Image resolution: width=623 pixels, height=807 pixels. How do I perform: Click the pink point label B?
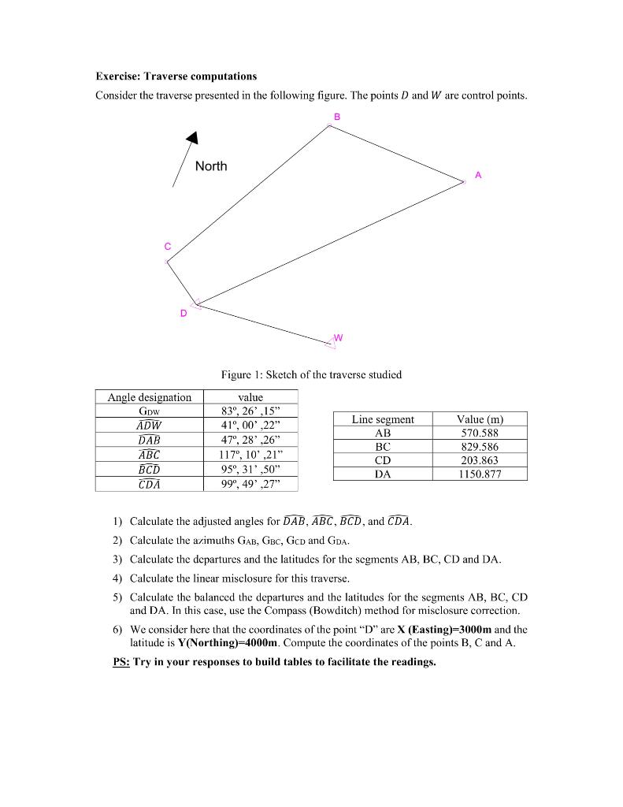click(x=337, y=117)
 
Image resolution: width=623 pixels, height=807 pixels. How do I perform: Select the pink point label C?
click(x=167, y=247)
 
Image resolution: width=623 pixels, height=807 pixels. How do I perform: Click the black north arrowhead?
click(x=191, y=139)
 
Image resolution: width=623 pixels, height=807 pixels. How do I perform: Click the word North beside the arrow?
click(x=211, y=166)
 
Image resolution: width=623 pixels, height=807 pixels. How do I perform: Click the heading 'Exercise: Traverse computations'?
click(x=176, y=76)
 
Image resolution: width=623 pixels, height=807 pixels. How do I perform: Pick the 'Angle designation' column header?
click(x=150, y=397)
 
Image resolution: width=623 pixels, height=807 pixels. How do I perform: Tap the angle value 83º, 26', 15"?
click(x=250, y=411)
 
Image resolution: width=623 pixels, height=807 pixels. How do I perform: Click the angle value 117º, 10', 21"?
click(x=250, y=455)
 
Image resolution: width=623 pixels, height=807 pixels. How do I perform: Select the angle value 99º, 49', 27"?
click(x=250, y=484)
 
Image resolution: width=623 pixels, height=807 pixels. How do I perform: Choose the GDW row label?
click(x=150, y=411)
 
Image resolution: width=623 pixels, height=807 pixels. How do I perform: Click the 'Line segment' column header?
click(x=383, y=419)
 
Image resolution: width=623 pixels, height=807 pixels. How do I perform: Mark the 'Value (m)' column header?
click(x=480, y=419)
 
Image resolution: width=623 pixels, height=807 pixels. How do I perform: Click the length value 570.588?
click(x=480, y=433)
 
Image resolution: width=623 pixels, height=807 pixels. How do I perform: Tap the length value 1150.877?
click(x=480, y=474)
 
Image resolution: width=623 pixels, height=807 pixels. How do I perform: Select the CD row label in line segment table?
click(x=383, y=460)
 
